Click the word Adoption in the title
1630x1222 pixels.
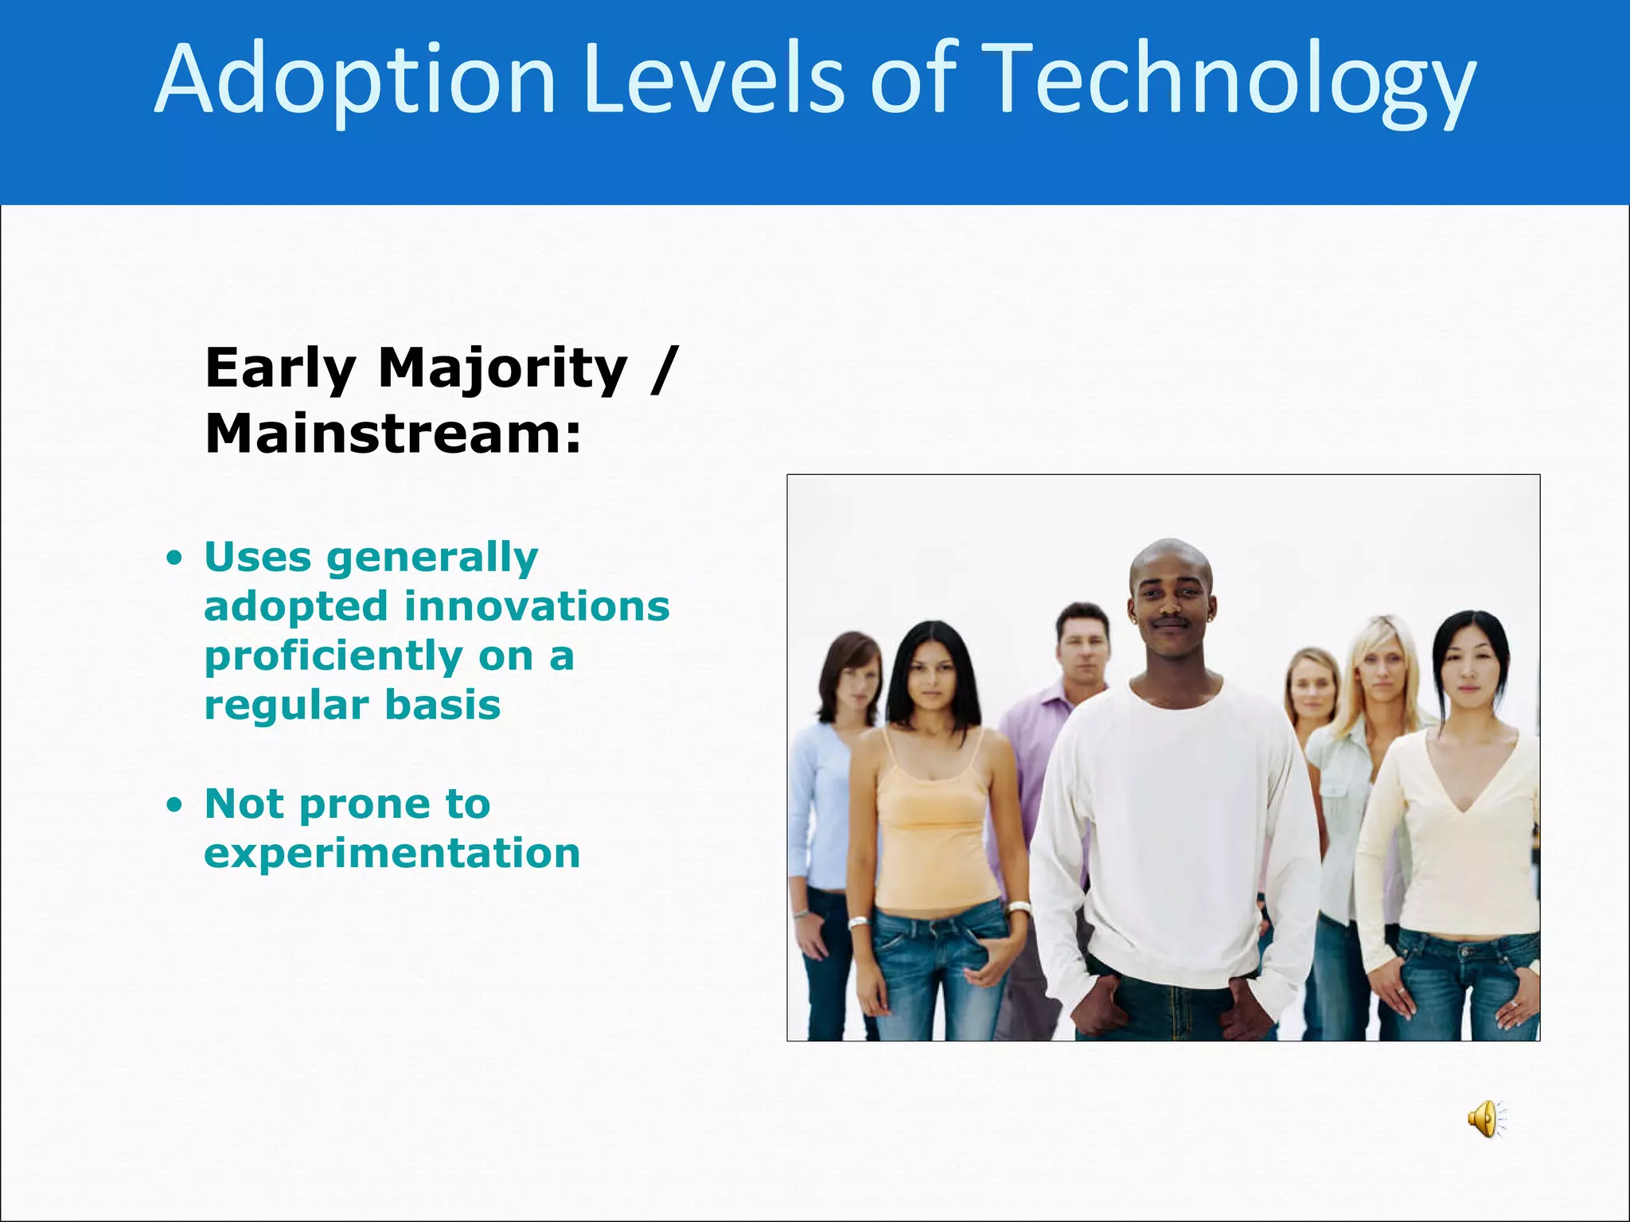click(354, 80)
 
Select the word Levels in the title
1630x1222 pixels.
click(712, 80)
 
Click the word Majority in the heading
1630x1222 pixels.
click(502, 369)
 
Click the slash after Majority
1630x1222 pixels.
click(662, 369)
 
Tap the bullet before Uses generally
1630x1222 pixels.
click(174, 558)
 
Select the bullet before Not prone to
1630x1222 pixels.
click(174, 805)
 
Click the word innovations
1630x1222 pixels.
click(537, 606)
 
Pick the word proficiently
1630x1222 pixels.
click(333, 656)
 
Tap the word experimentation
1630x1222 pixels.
click(392, 853)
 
